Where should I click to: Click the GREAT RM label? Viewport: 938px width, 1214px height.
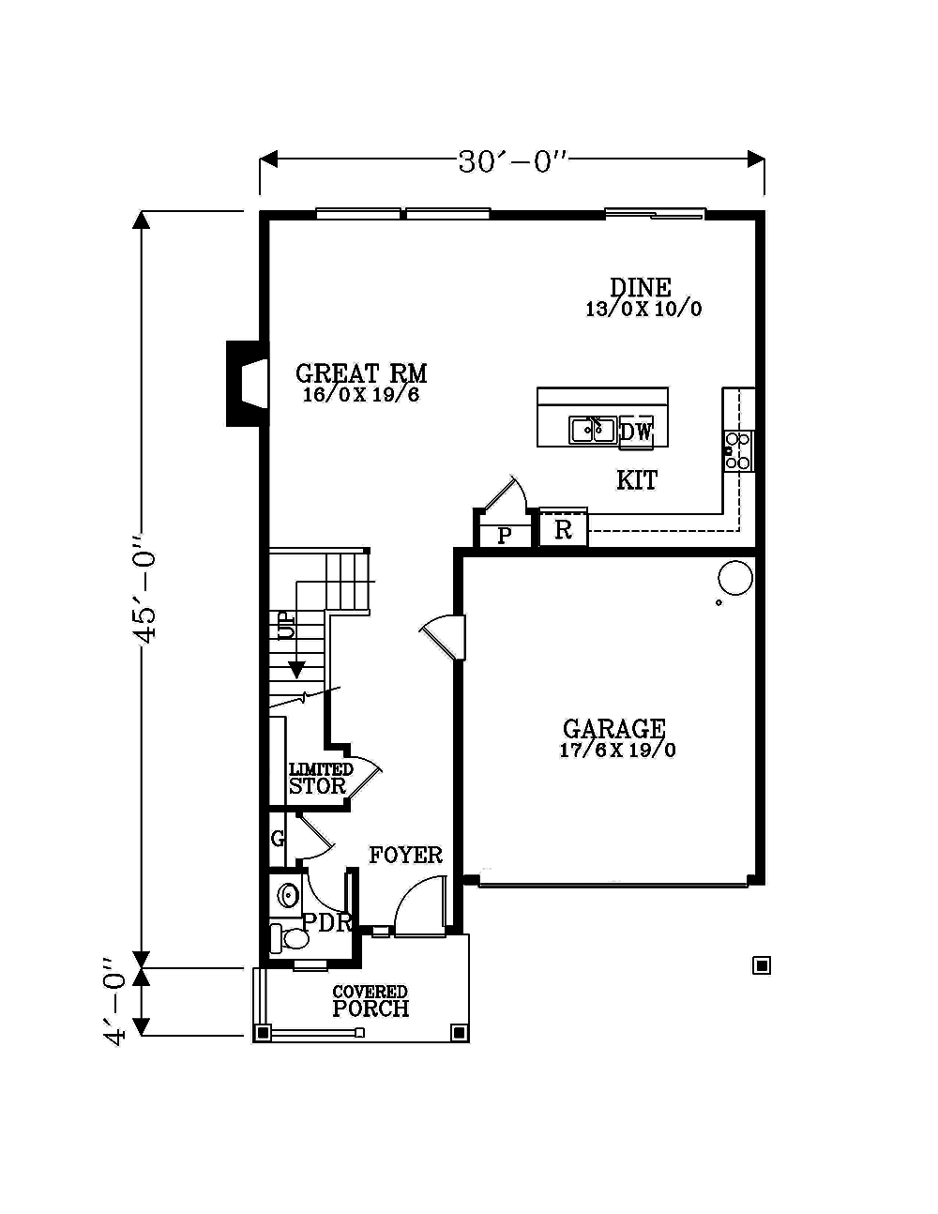pyautogui.click(x=361, y=373)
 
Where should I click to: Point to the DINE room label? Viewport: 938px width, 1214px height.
pyautogui.click(x=641, y=287)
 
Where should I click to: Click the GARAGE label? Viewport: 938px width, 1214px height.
pyautogui.click(x=614, y=729)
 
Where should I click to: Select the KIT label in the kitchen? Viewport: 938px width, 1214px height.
pyautogui.click(x=637, y=480)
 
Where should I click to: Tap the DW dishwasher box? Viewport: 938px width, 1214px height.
pyautogui.click(x=636, y=432)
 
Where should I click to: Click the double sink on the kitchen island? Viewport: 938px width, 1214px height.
pyautogui.click(x=592, y=430)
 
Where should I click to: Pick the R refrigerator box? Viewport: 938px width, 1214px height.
pyautogui.click(x=563, y=530)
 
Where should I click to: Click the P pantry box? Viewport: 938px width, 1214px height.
pyautogui.click(x=505, y=536)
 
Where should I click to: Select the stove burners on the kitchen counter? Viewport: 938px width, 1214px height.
pyautogui.click(x=739, y=450)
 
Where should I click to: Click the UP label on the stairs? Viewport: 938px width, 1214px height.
pyautogui.click(x=285, y=625)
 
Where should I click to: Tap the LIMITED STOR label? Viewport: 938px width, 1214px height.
pyautogui.click(x=319, y=779)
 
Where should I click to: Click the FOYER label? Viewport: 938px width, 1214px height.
pyautogui.click(x=405, y=855)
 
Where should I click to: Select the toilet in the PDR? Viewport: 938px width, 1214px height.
pyautogui.click(x=290, y=937)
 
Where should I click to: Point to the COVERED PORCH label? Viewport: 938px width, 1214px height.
pyautogui.click(x=371, y=1001)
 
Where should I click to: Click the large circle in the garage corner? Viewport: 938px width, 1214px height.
pyautogui.click(x=735, y=577)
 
